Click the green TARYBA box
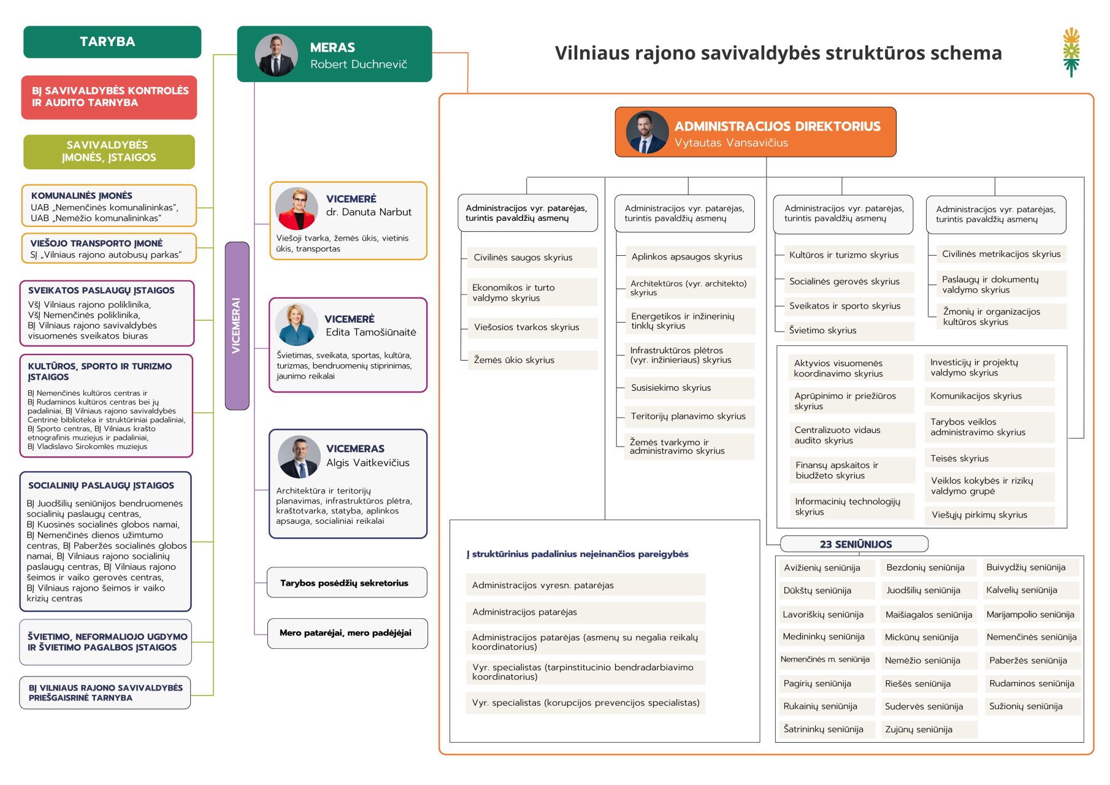click(x=112, y=42)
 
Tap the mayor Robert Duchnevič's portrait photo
click(x=276, y=55)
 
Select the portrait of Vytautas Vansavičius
click(x=647, y=132)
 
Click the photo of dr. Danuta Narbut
click(x=296, y=209)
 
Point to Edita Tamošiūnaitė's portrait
click(x=296, y=325)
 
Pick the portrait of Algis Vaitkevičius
click(x=299, y=457)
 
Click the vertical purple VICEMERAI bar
click(x=237, y=326)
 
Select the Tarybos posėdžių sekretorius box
click(x=346, y=583)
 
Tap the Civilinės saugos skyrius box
click(x=530, y=258)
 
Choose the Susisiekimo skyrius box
click(x=689, y=388)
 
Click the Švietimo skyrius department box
click(x=848, y=331)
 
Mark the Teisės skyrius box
click(x=989, y=458)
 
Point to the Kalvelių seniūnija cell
click(x=1030, y=590)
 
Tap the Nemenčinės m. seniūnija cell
click(x=825, y=660)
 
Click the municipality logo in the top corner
click(x=1071, y=52)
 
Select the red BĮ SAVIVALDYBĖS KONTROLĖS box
click(x=109, y=97)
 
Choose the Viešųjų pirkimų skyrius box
click(x=989, y=515)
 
